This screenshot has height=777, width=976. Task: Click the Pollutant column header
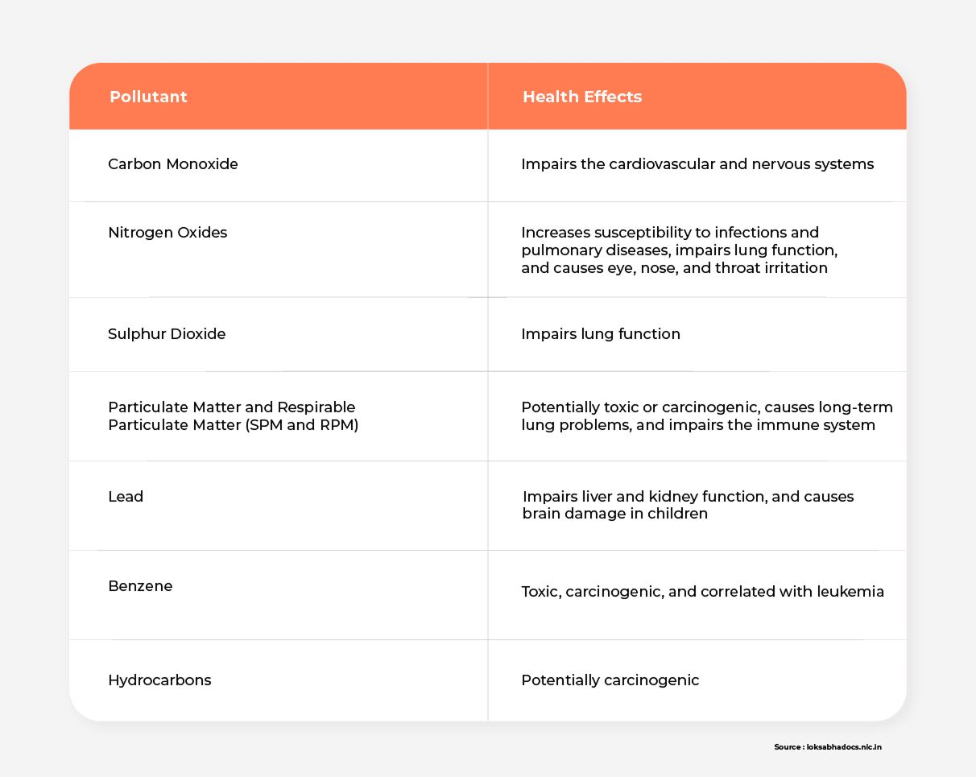pyautogui.click(x=148, y=97)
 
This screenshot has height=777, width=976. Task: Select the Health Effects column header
pyautogui.click(x=582, y=97)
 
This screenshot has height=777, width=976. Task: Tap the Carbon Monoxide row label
pyautogui.click(x=173, y=164)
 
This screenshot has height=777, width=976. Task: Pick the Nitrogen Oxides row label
pyautogui.click(x=167, y=233)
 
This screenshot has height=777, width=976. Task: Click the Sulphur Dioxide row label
pyautogui.click(x=167, y=334)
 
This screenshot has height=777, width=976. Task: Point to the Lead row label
pyautogui.click(x=126, y=497)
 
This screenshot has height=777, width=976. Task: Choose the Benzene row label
pyautogui.click(x=140, y=586)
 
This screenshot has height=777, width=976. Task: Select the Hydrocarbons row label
pyautogui.click(x=159, y=680)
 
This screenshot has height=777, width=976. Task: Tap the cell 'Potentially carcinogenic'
pyautogui.click(x=610, y=680)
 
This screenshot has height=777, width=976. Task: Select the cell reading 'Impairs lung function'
pyautogui.click(x=600, y=334)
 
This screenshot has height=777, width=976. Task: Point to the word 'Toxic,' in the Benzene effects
pyautogui.click(x=541, y=592)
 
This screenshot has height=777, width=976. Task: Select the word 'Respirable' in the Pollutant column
pyautogui.click(x=316, y=407)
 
